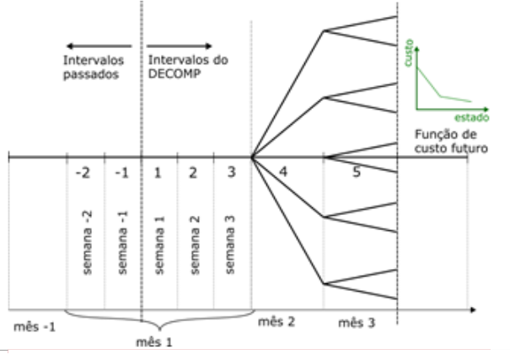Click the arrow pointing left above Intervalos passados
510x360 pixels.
99,46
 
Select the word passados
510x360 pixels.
89,73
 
